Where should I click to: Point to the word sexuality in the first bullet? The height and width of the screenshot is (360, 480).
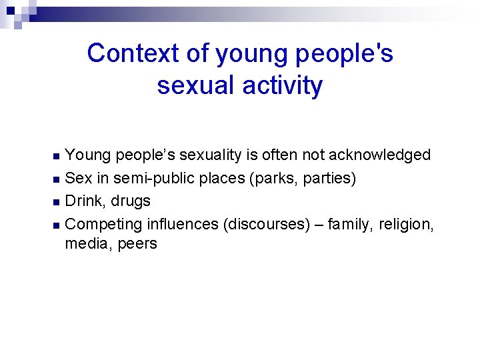pyautogui.click(x=227, y=155)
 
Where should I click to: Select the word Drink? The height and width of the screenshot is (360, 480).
pyautogui.click(x=85, y=201)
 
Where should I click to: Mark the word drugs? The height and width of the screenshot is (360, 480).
pyautogui.click(x=131, y=201)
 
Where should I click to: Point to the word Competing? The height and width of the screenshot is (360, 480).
pyautogui.click(x=105, y=223)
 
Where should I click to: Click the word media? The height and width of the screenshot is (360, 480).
pyautogui.click(x=87, y=244)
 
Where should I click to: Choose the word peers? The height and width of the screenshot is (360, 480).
pyautogui.click(x=137, y=244)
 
